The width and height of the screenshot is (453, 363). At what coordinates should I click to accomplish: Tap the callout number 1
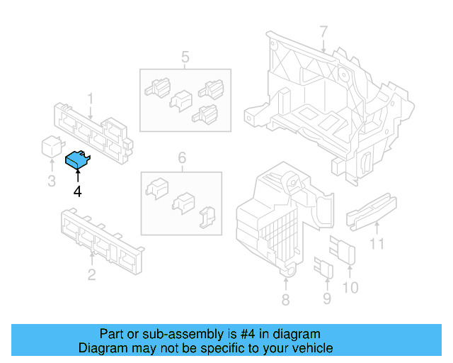point(91,97)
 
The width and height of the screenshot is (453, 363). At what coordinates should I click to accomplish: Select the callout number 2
point(91,274)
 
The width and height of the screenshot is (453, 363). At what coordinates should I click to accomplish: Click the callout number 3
point(51,181)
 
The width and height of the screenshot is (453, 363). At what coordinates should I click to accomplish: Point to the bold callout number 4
point(77,191)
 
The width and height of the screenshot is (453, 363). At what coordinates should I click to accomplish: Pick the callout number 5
point(185,57)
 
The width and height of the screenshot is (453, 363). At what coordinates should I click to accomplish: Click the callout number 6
point(181,157)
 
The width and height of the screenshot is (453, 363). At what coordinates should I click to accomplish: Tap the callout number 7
point(323,32)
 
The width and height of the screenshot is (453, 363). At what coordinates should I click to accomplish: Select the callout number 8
point(285,300)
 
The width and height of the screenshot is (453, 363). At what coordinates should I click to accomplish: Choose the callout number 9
point(326,298)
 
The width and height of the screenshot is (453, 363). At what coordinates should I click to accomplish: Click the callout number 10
point(350,287)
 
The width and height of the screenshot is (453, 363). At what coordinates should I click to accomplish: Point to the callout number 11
point(377,245)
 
